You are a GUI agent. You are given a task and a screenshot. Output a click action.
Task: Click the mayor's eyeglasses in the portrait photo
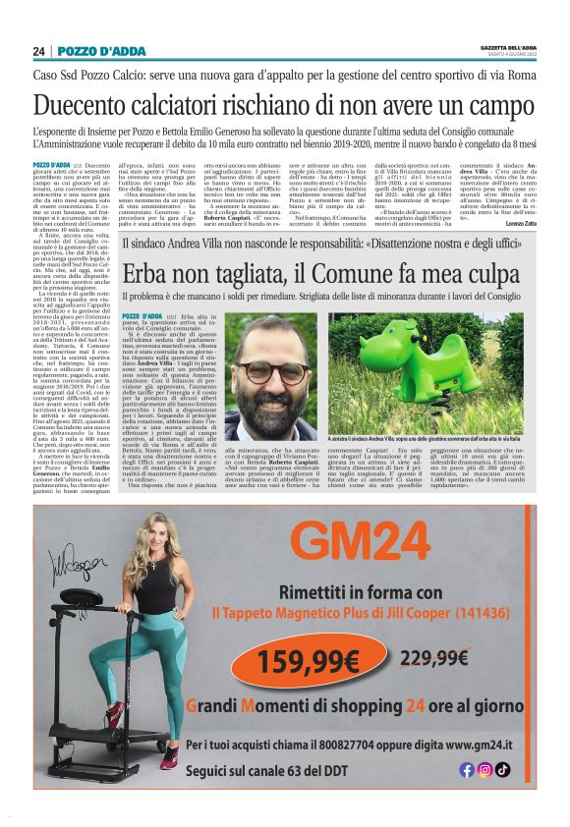click(x=271, y=372)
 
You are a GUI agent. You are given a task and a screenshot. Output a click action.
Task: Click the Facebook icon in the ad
click(x=467, y=770)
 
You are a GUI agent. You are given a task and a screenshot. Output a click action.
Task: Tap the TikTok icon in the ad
click(x=503, y=770)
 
